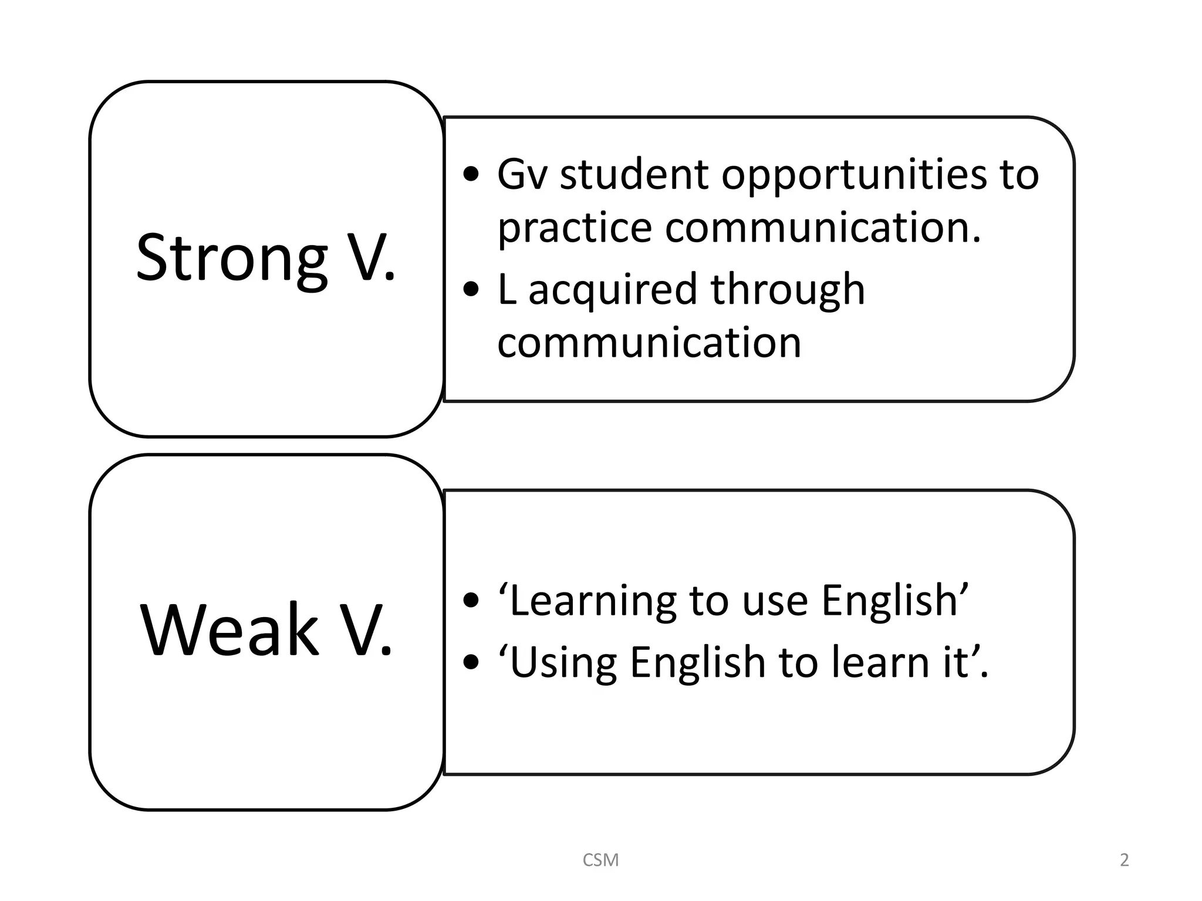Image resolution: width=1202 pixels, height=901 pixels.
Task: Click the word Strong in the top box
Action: pos(231,258)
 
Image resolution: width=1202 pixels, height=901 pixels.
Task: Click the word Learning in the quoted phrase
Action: pos(593,601)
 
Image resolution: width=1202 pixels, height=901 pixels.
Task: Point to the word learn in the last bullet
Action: pos(881,662)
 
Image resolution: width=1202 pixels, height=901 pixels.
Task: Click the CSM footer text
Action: pos(600,860)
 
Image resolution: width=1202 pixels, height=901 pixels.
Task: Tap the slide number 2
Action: pos(1124,860)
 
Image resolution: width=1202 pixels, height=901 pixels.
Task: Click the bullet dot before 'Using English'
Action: pos(471,662)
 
